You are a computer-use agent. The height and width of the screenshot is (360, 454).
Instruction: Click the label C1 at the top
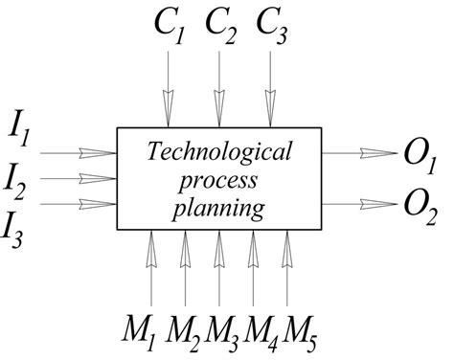[x=170, y=27]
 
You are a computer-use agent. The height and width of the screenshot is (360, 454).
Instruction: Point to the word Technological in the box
[x=218, y=154]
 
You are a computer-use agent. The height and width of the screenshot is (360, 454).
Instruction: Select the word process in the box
[x=218, y=180]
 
